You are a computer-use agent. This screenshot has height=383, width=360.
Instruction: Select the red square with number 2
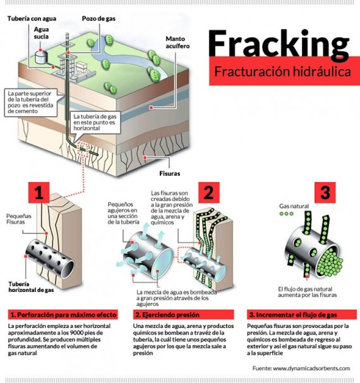208,193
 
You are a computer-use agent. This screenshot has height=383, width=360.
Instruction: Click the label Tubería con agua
32,19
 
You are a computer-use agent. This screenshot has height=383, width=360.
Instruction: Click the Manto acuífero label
177,42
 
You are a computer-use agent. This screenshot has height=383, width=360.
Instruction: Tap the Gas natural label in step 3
294,206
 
